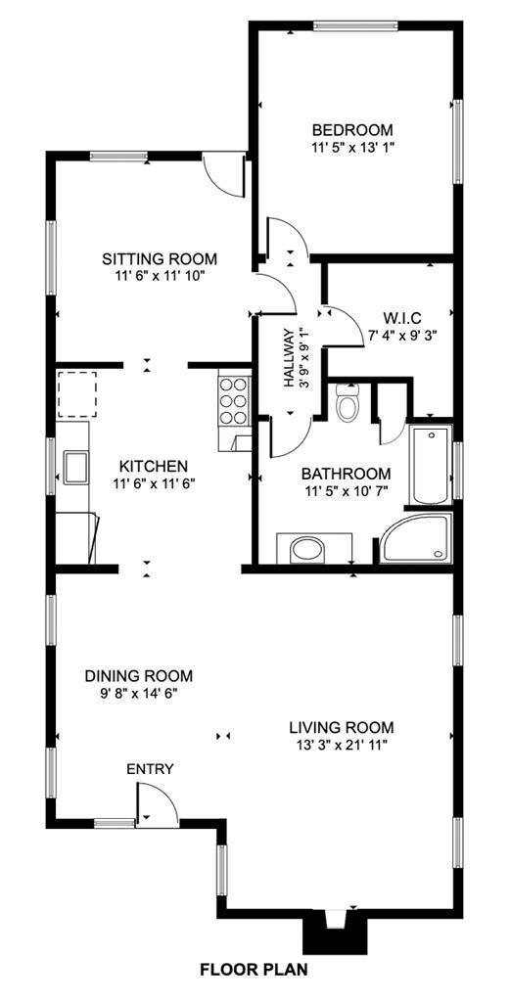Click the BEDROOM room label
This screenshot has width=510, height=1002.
[x=352, y=130]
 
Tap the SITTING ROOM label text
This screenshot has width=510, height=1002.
[x=160, y=258]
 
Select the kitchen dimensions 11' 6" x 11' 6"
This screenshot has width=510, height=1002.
[x=154, y=483]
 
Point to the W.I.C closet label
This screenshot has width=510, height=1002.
[x=402, y=318]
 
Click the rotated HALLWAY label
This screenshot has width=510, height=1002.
[x=289, y=358]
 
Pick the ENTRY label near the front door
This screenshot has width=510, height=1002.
[x=150, y=769]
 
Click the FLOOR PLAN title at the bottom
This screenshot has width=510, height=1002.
[x=254, y=970]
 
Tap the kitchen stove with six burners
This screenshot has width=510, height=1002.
[x=234, y=400]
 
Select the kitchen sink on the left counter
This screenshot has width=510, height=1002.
[x=74, y=467]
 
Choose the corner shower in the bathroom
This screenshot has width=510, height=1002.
[x=416, y=538]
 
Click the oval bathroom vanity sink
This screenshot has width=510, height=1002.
[x=307, y=549]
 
